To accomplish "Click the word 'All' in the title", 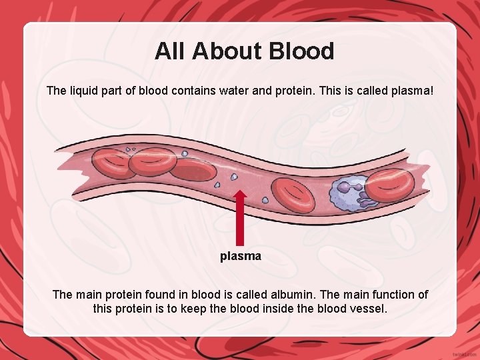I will tap(167, 51).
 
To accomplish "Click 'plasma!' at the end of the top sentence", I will tap(409, 90).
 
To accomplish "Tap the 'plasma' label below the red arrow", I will tap(241, 256).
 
